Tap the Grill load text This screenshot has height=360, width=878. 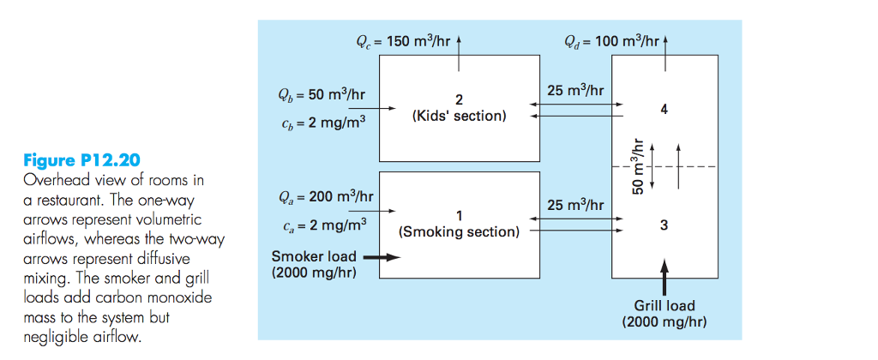665,305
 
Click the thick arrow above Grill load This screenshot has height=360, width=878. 665,277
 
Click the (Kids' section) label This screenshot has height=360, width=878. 459,116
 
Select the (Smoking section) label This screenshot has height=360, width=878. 459,231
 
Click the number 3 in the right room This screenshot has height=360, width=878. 665,225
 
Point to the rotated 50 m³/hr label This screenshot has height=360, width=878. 637,166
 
